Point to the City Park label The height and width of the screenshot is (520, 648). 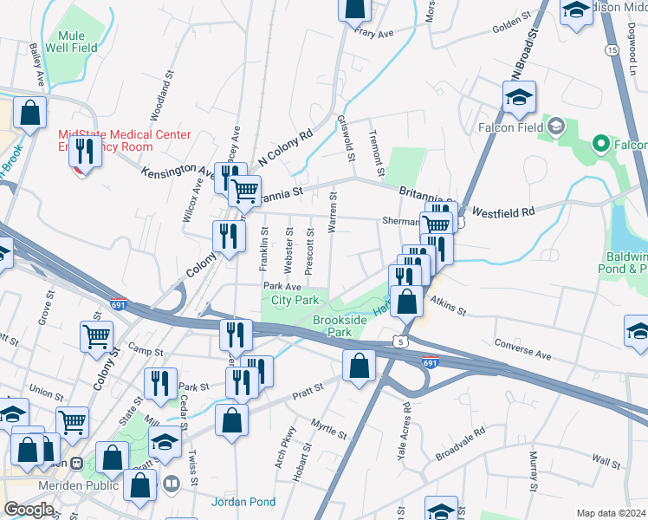295,300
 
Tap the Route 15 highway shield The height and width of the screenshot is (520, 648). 612,51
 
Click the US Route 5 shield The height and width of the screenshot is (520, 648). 399,342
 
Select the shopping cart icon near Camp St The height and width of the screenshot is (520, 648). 96,337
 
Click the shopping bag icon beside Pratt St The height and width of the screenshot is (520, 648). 359,366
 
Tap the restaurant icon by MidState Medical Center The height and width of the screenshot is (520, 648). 84,153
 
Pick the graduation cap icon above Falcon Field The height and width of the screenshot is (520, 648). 518,97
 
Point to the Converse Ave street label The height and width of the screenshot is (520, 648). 522,349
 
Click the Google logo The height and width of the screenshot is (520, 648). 29,510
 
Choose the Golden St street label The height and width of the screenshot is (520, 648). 510,23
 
